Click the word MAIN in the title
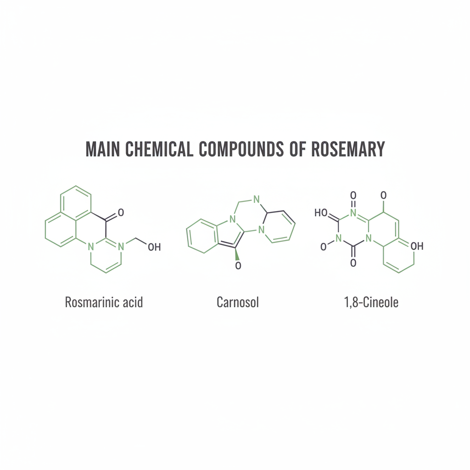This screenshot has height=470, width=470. coord(103,149)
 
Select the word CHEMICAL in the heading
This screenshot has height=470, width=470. coord(159,149)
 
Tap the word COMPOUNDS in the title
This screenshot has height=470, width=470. coord(241,149)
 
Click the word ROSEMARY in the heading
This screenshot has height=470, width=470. coord(348,149)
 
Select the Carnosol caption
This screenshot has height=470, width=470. coord(238,302)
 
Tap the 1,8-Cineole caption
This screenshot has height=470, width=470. coord(371,302)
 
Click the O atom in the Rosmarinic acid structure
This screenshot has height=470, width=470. coord(121,213)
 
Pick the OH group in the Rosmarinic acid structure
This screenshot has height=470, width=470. coord(154,247)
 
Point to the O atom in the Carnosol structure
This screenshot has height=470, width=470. coord(238,266)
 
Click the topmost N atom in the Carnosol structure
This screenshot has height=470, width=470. coord(256,199)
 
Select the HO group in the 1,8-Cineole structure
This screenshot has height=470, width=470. coord(321,213)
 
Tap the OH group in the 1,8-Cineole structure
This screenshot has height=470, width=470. coord(417,246)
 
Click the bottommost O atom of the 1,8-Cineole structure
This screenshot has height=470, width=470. coord(353,263)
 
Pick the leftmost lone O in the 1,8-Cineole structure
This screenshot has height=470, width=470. coord(324,247)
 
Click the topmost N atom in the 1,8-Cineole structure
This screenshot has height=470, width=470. coord(353,213)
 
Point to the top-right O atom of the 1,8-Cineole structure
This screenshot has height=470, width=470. coord(383,196)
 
